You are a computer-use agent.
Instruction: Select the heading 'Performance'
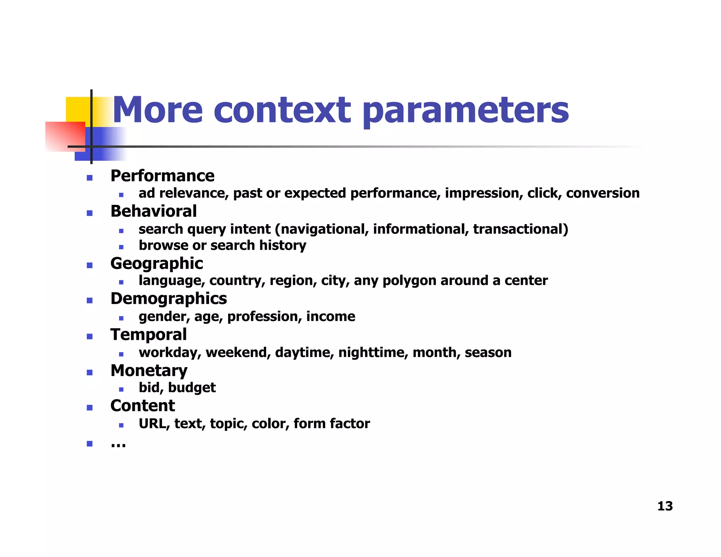162,176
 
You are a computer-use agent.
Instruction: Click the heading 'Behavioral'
153,211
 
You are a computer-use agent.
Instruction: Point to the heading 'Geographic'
157,263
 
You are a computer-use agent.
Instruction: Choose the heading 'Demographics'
169,299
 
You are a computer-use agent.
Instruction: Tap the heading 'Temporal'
148,334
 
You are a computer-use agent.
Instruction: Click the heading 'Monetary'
149,370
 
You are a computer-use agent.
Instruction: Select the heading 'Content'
143,406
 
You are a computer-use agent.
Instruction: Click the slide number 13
665,506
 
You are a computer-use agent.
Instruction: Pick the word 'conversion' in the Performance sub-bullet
603,193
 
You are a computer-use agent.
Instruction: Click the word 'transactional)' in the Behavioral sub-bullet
520,229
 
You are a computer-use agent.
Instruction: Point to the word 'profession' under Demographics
264,317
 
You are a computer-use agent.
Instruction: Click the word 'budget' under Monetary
192,388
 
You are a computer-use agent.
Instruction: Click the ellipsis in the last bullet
118,445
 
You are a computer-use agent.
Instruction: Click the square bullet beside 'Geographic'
90,265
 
